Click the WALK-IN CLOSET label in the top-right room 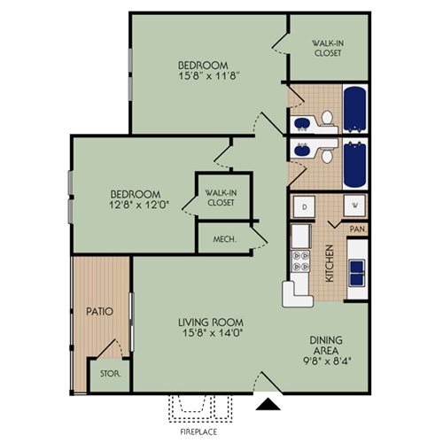pyautogui.click(x=328, y=47)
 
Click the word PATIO pyautogui.click(x=97, y=312)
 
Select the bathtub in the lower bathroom pyautogui.click(x=355, y=164)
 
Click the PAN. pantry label pyautogui.click(x=359, y=229)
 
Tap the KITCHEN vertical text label pyautogui.click(x=329, y=263)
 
